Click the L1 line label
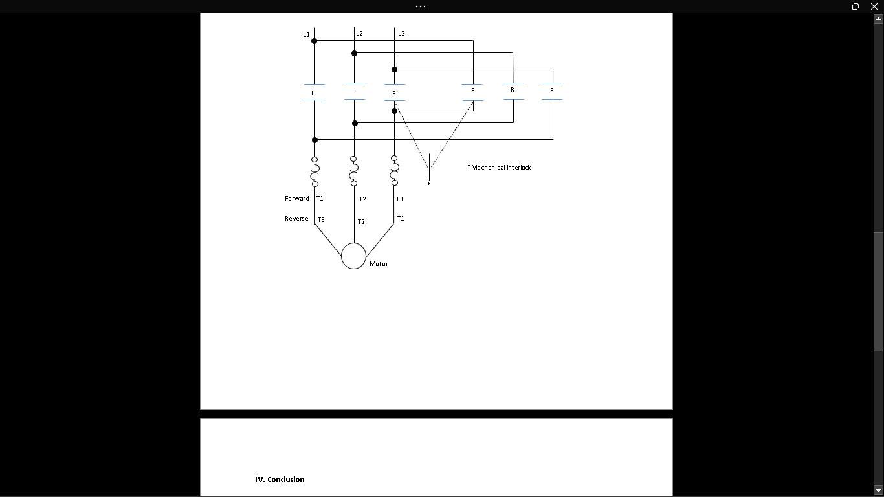pos(306,35)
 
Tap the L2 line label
pos(359,34)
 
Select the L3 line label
pos(401,34)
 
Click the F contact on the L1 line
pos(314,93)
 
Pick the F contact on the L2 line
pos(354,91)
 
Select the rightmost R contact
pos(552,91)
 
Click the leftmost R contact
pos(473,91)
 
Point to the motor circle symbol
pos(353,256)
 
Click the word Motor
pos(379,264)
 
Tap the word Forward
pos(297,199)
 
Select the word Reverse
pos(296,219)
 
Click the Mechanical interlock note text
pos(500,168)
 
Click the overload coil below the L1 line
pos(315,171)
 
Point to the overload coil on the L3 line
pos(394,171)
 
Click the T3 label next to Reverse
pos(321,220)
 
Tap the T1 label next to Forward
pos(320,199)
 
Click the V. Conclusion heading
pos(281,480)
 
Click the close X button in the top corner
pos(874,6)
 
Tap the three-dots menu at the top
pos(421,6)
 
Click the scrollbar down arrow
pos(878,491)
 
